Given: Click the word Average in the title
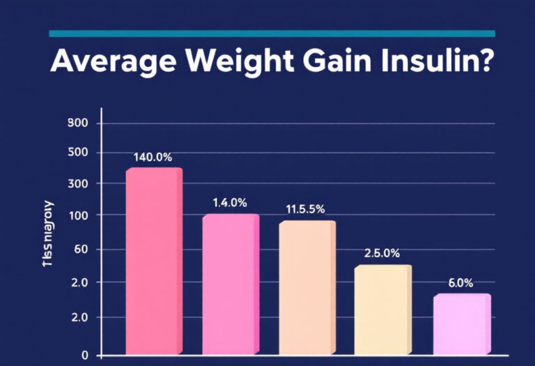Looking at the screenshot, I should click(x=111, y=62).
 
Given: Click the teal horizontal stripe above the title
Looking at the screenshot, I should click(x=272, y=33).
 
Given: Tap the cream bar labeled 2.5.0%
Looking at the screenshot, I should click(x=382, y=310).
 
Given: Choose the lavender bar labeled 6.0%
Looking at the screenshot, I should click(x=461, y=324).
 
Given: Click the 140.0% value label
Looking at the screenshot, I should click(x=153, y=157).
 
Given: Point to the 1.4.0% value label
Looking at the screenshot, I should click(x=229, y=203).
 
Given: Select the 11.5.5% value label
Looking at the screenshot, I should click(x=306, y=209).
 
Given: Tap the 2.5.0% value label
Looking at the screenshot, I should click(x=382, y=253).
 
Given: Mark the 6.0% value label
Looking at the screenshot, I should click(x=460, y=282).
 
